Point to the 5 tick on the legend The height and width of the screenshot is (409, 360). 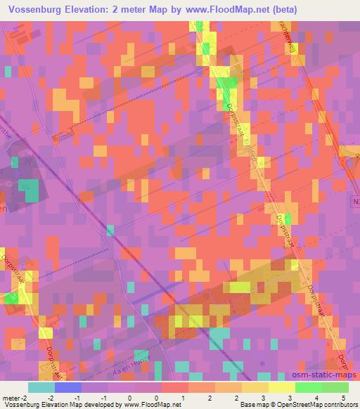pyautogui.click(x=344, y=397)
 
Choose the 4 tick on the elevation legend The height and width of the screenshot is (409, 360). pyautogui.click(x=316, y=397)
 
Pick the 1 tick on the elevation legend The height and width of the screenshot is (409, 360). pyautogui.click(x=183, y=397)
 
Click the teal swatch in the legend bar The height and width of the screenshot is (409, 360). pyautogui.click(x=41, y=387)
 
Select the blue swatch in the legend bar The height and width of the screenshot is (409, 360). pyautogui.click(x=68, y=387)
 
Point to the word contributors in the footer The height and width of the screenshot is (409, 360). pyautogui.click(x=337, y=405)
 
